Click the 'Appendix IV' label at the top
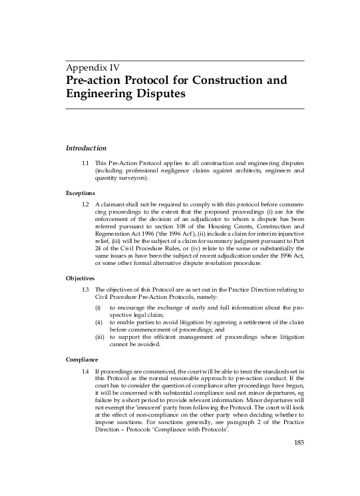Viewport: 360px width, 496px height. (92, 67)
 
